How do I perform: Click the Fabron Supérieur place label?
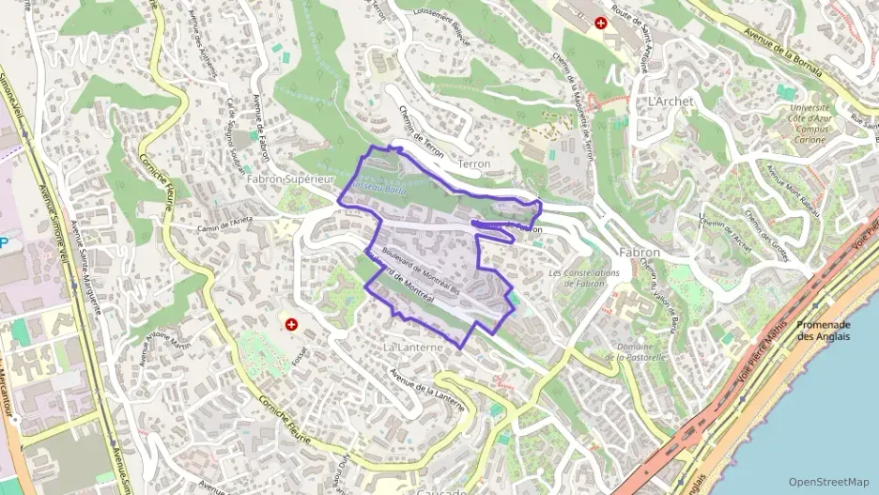[x=290, y=178]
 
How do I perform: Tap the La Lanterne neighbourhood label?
[x=412, y=347]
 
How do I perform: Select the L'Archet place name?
[x=670, y=100]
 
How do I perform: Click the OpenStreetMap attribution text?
[x=829, y=482]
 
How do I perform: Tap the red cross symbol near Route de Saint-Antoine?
[x=601, y=21]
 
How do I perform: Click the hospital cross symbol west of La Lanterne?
[x=291, y=325]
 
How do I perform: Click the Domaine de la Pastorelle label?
[x=635, y=351]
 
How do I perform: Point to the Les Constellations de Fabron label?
[x=584, y=278]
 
